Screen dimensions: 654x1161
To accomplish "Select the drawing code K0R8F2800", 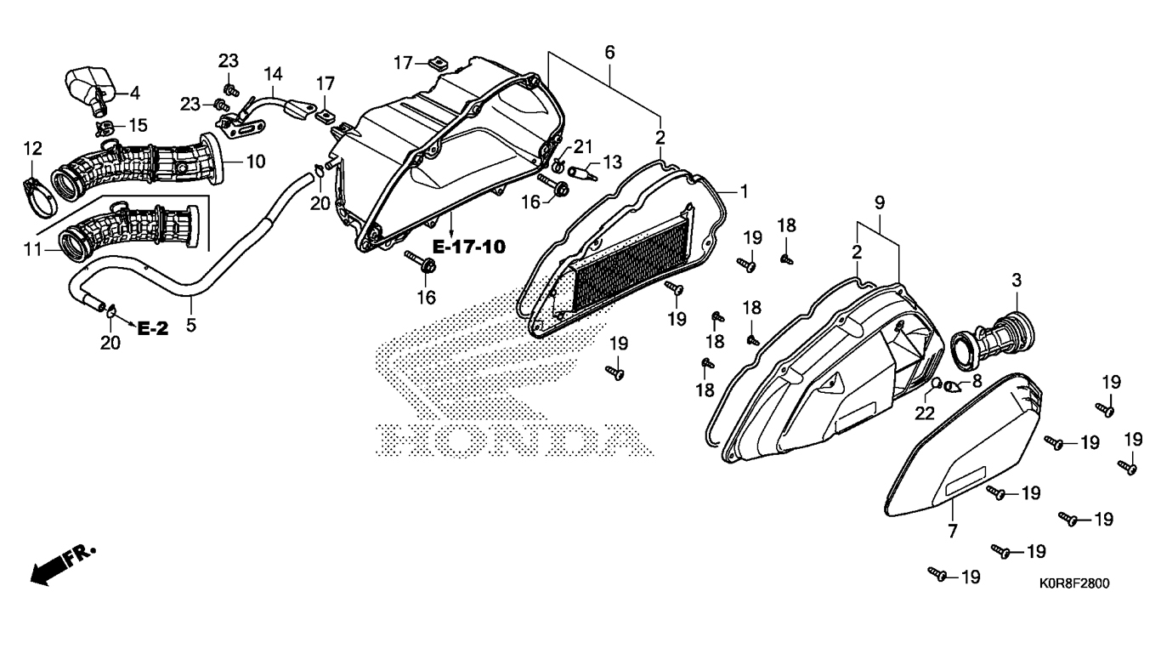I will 1073,584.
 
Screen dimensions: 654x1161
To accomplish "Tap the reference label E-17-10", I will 468,247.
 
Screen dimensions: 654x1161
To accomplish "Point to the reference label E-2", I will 153,329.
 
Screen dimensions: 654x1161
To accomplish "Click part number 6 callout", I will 609,53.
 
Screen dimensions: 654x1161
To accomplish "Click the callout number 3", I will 1017,280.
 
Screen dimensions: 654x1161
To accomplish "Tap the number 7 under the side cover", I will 952,532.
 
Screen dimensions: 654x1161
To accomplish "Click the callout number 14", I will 272,73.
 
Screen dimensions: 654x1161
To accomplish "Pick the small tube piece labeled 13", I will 579,172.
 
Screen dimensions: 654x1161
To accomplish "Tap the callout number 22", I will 925,413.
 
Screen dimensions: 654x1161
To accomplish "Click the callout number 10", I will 256,161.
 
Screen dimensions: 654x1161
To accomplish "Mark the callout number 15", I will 136,125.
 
